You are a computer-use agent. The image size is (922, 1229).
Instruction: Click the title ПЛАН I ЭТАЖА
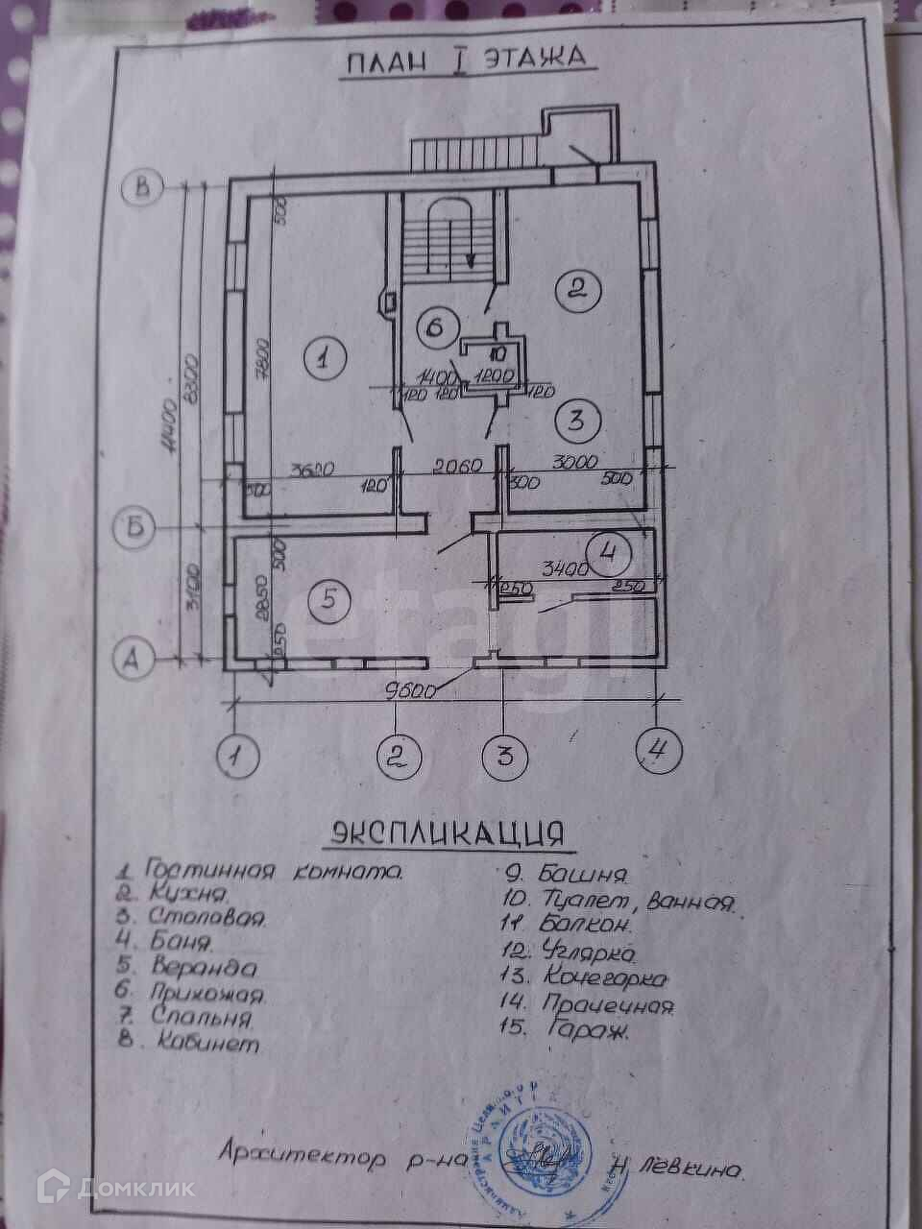tap(468, 60)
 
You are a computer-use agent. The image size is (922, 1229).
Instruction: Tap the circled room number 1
tap(324, 359)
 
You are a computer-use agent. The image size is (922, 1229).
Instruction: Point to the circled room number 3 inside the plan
tap(578, 420)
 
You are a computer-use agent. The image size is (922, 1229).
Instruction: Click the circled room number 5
tap(328, 601)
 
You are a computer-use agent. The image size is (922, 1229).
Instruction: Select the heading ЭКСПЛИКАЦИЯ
tap(447, 832)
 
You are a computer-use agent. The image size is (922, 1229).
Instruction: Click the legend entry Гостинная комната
tap(259, 872)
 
